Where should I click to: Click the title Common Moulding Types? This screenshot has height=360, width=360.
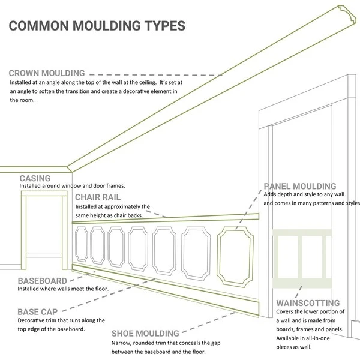pos(96,27)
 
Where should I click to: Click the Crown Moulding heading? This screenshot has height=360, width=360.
pos(55,73)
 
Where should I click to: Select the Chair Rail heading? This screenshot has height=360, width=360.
pos(98,197)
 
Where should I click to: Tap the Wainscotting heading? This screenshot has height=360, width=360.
pos(308,303)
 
